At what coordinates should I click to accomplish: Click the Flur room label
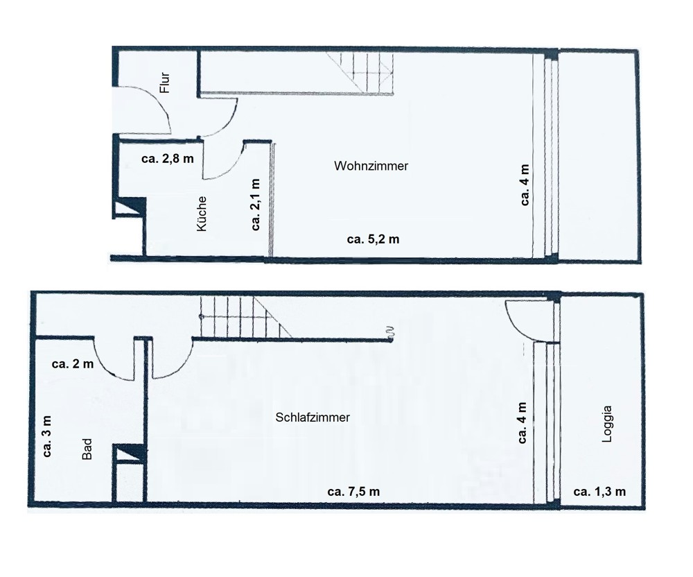pyautogui.click(x=165, y=83)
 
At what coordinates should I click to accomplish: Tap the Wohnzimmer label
pyautogui.click(x=371, y=166)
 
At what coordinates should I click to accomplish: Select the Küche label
pyautogui.click(x=202, y=214)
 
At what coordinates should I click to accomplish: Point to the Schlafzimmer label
pyautogui.click(x=313, y=417)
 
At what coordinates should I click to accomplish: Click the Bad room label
pyautogui.click(x=87, y=449)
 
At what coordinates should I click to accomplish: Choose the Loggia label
pyautogui.click(x=608, y=424)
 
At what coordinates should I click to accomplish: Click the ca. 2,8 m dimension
pyautogui.click(x=168, y=159)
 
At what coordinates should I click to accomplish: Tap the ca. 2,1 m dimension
pyautogui.click(x=256, y=205)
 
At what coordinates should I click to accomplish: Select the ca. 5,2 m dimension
pyautogui.click(x=373, y=239)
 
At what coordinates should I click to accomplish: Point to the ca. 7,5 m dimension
pyautogui.click(x=353, y=491)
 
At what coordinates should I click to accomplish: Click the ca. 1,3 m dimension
pyautogui.click(x=599, y=491)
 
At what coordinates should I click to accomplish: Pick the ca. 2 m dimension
pyautogui.click(x=73, y=364)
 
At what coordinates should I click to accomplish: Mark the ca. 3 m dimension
pyautogui.click(x=46, y=436)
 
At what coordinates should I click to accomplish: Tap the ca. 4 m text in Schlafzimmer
pyautogui.click(x=522, y=422)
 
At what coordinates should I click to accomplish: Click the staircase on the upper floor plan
pyautogui.click(x=360, y=72)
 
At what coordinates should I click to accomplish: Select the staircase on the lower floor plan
pyautogui.click(x=245, y=316)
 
